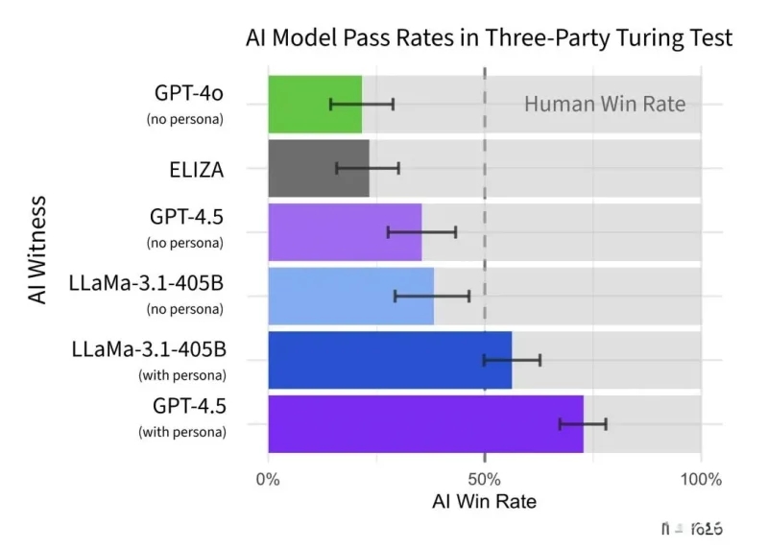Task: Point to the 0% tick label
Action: click(268, 479)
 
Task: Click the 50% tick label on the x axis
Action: click(485, 479)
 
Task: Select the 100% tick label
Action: click(700, 479)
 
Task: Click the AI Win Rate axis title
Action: click(485, 501)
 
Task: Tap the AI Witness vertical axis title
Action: click(37, 250)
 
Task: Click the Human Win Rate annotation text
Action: click(605, 104)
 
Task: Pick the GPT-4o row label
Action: click(190, 93)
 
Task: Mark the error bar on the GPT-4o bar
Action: click(362, 104)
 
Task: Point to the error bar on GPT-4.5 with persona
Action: click(583, 424)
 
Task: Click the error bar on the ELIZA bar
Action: click(368, 168)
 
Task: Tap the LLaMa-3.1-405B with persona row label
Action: click(149, 349)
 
